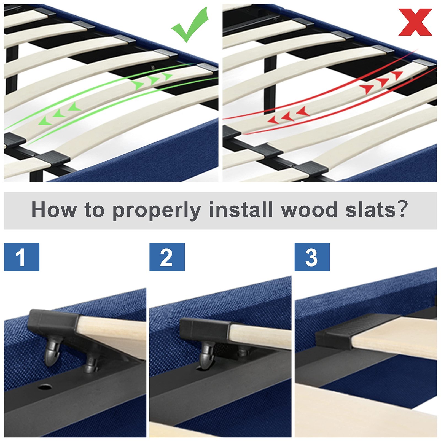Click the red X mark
pyautogui.click(x=415, y=22)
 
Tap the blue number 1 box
pyautogui.click(x=22, y=257)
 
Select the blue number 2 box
pyautogui.click(x=167, y=257)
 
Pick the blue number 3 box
pyautogui.click(x=312, y=257)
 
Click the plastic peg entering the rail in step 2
pyautogui.click(x=207, y=356)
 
